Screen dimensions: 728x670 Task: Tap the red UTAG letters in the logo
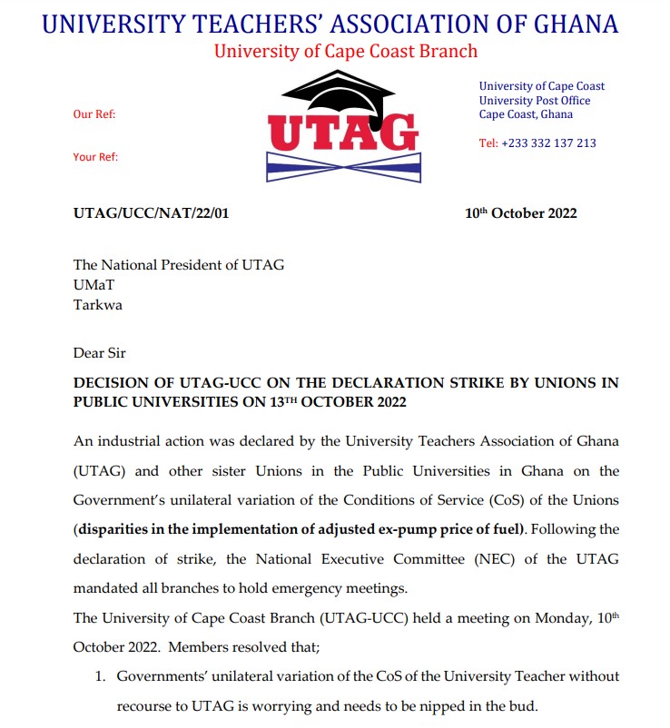[344, 133]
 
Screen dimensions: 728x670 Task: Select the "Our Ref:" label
[94, 114]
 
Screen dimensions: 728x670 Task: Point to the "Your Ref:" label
[95, 157]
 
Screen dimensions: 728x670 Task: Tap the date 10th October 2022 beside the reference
[520, 213]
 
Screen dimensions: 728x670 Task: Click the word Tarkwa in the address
[97, 305]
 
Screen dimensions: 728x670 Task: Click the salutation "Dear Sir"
[101, 352]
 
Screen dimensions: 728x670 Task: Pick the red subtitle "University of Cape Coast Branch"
[345, 51]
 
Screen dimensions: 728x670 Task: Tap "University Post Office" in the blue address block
[535, 101]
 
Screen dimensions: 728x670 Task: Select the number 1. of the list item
[101, 676]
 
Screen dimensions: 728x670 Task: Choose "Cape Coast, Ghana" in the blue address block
[526, 114]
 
